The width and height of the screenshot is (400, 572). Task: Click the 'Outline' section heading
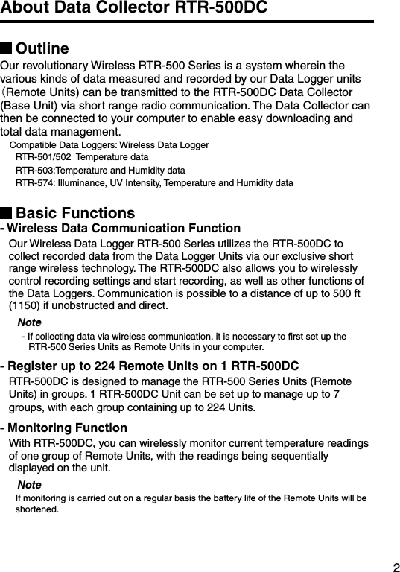point(42,49)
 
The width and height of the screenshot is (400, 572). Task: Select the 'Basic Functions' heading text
point(75,214)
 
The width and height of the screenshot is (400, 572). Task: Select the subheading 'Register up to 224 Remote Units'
point(153,366)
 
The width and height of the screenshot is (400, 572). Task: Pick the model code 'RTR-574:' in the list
point(34,183)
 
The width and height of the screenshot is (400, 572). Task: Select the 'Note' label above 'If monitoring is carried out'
point(29,486)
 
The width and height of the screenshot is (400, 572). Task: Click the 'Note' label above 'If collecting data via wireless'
point(29,322)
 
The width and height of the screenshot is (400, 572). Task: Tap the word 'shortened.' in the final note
point(37,510)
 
